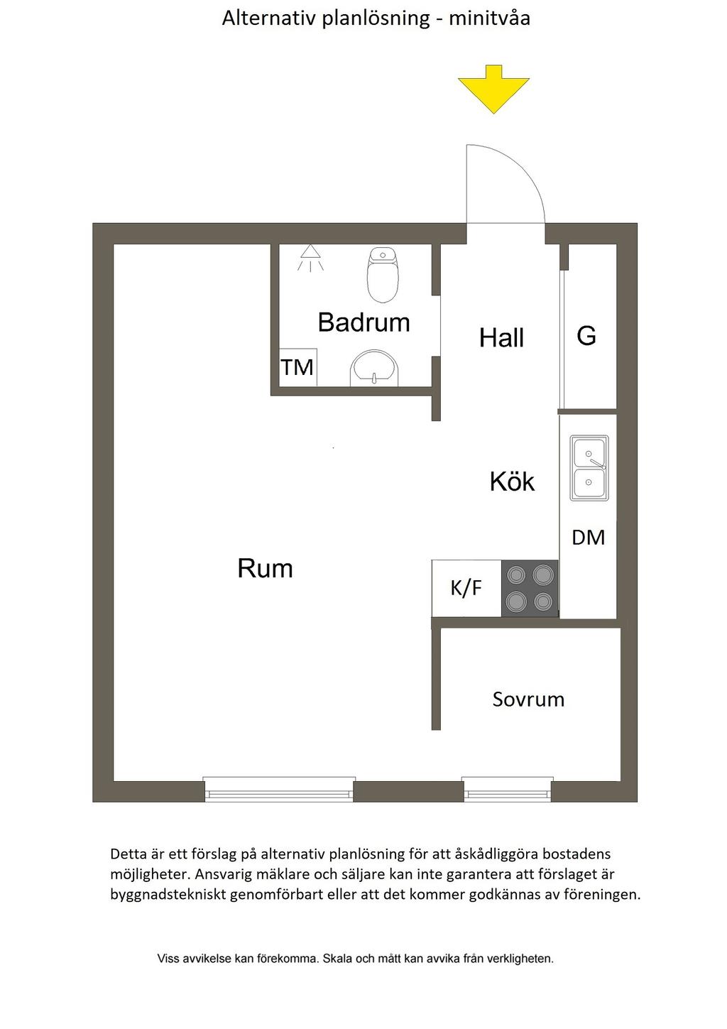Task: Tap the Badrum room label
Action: (363, 322)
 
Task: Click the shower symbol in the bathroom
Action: (310, 257)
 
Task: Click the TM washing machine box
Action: (297, 367)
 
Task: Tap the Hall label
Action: (501, 338)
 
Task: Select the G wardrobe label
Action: (586, 336)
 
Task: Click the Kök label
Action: (512, 482)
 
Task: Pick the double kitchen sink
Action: (589, 468)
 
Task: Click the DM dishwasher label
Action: (589, 538)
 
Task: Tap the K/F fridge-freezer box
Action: (466, 588)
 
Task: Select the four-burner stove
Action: (530, 588)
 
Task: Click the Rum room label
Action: (265, 569)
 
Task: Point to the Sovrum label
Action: (528, 699)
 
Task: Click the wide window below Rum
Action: (279, 790)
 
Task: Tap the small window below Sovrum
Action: (507, 790)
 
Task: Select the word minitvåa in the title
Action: (489, 18)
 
